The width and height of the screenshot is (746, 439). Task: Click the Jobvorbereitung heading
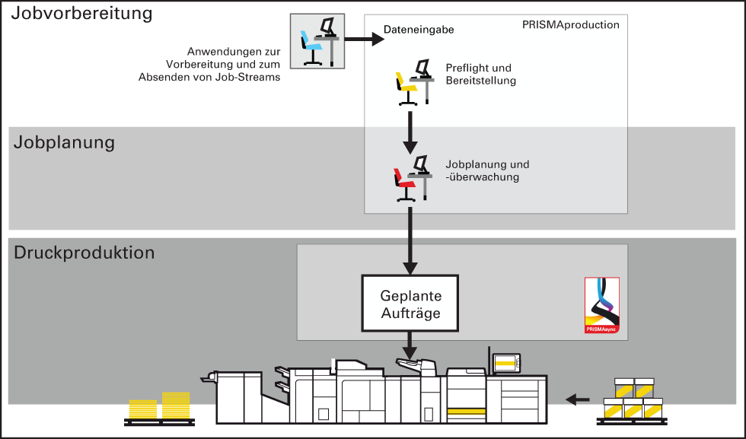click(82, 14)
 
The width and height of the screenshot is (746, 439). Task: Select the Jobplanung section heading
click(64, 143)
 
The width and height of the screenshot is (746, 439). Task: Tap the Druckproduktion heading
click(84, 252)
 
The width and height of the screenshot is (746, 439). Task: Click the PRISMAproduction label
click(570, 25)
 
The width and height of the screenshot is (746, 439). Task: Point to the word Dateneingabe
click(419, 30)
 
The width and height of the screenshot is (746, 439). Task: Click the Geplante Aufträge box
click(410, 303)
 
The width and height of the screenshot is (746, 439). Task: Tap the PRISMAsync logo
click(602, 305)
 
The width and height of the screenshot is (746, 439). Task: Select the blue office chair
click(310, 46)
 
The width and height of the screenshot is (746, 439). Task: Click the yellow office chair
click(406, 88)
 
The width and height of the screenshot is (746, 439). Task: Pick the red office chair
click(404, 185)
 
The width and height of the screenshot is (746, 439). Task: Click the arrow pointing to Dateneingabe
click(365, 39)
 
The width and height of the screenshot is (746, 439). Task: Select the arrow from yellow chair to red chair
click(410, 132)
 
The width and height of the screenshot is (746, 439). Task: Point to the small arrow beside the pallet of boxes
click(578, 399)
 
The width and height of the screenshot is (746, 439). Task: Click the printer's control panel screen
click(505, 364)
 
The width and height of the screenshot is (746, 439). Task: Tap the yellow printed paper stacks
click(159, 406)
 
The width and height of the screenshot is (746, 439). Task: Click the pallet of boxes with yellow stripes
click(633, 402)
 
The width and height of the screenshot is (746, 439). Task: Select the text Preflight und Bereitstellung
click(480, 75)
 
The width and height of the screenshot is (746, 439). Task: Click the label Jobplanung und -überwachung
click(487, 170)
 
